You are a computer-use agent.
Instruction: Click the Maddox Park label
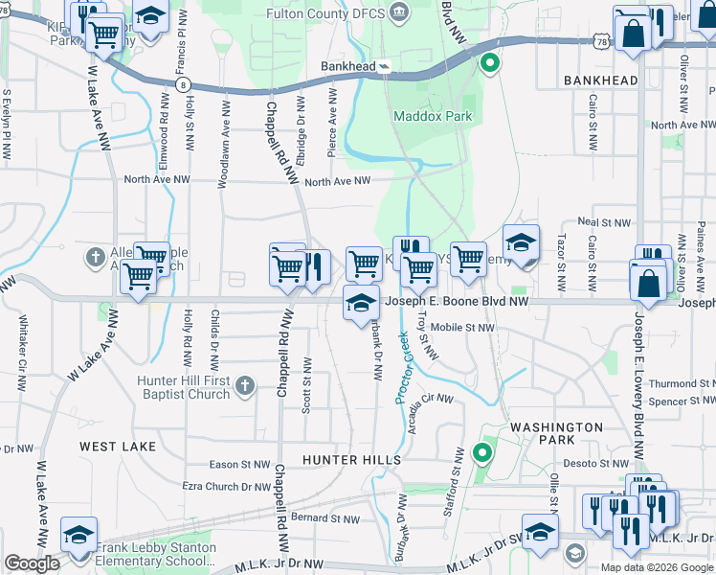[433, 116]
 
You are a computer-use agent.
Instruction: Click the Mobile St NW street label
[462, 328]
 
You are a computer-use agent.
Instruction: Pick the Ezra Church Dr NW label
[227, 487]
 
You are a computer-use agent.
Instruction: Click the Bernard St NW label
[325, 518]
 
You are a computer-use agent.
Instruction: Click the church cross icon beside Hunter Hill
[245, 386]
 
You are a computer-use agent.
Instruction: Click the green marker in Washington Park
[482, 452]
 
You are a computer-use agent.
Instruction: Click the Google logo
[32, 563]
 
